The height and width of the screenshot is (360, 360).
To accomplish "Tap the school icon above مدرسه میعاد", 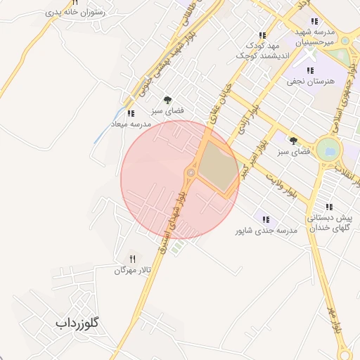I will click(x=130, y=112).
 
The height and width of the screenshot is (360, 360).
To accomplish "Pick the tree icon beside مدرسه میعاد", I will click(x=167, y=100).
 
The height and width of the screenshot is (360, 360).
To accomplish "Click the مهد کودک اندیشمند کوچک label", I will click(x=262, y=50).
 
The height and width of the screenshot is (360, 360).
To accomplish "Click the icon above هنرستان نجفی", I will click(x=310, y=70).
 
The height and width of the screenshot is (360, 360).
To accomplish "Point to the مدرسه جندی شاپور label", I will click(x=266, y=230).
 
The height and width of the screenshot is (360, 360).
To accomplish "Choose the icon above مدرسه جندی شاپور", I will click(x=264, y=219).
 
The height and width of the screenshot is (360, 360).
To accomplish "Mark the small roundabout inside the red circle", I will click(x=190, y=172).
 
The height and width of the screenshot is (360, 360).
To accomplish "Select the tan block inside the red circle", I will click(x=219, y=169).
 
